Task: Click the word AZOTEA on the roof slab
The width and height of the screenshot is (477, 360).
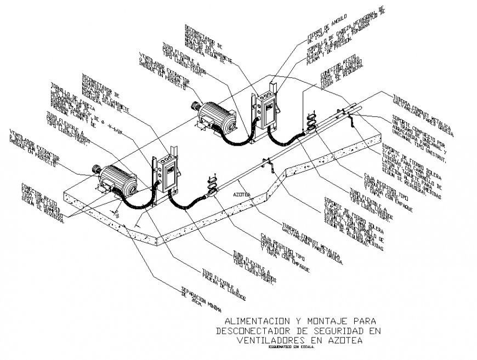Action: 242,195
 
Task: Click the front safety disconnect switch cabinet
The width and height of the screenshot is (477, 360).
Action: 166,174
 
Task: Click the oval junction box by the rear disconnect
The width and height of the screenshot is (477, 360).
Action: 311,122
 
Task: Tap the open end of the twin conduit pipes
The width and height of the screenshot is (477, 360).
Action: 357,108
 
